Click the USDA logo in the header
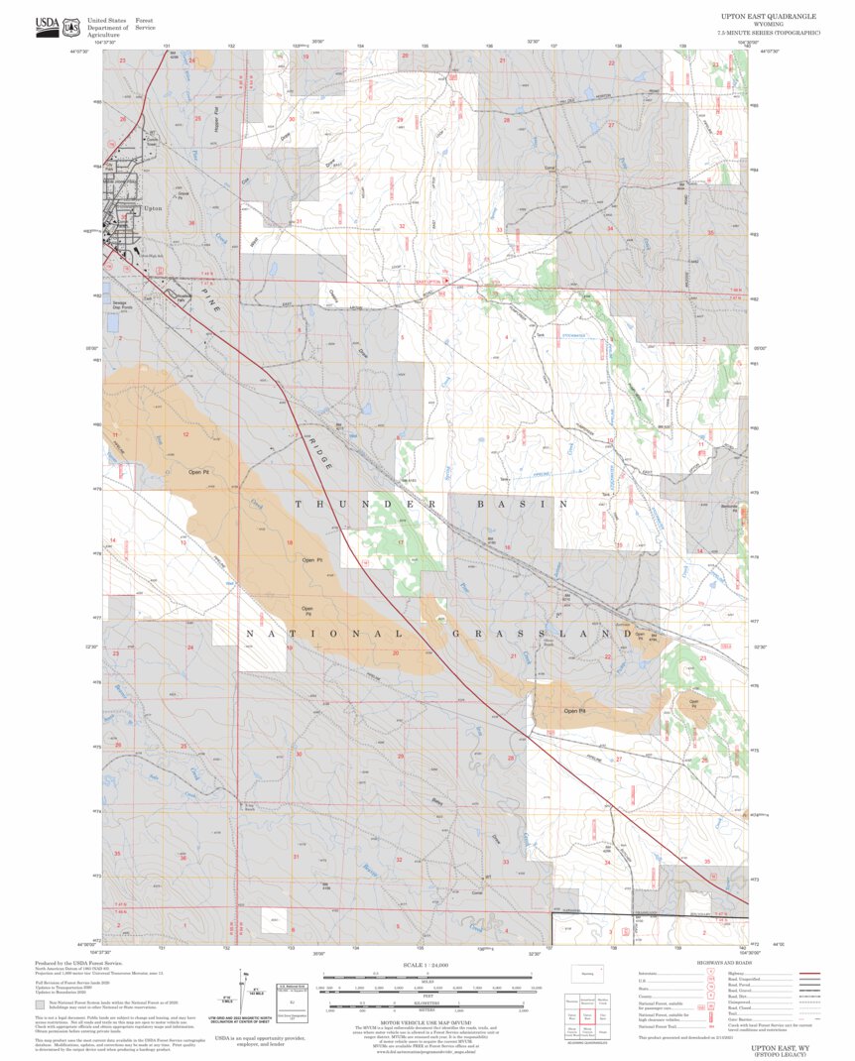(47, 24)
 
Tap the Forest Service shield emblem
(72, 24)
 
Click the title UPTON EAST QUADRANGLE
(769, 17)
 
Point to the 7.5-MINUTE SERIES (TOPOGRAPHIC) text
(769, 33)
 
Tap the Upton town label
(153, 209)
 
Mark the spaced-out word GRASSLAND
(531, 633)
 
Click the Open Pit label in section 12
(198, 472)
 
